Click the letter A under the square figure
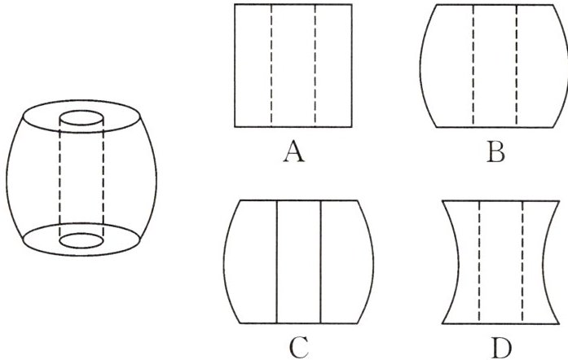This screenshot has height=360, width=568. (293, 153)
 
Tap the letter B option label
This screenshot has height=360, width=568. (494, 153)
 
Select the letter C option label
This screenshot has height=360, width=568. (298, 346)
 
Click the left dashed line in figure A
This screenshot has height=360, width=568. (271, 65)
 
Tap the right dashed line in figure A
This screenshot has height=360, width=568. (315, 65)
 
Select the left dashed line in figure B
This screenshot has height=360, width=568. (473, 65)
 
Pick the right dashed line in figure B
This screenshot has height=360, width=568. (517, 65)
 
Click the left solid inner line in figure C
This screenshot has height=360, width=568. (278, 261)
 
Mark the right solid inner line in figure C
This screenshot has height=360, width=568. (321, 261)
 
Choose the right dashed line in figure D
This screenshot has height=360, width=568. (522, 261)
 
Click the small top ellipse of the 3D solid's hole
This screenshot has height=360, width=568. (82, 118)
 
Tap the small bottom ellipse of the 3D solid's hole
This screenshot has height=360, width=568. (82, 241)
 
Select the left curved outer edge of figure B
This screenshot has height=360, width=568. (420, 65)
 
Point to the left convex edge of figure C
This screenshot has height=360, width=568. (224, 261)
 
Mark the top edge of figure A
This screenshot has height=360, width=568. (293, 4)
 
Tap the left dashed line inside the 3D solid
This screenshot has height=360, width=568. (60, 179)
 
